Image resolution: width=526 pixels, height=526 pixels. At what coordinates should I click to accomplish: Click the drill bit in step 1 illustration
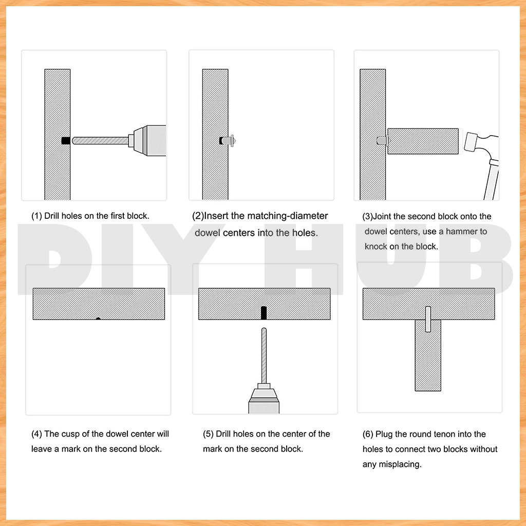[x=100, y=141]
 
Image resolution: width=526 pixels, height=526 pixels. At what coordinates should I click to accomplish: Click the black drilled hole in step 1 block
[x=66, y=141]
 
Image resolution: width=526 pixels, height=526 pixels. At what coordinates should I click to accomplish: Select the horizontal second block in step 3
[x=423, y=141]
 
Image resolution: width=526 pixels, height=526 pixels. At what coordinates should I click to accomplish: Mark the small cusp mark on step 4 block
[x=98, y=318]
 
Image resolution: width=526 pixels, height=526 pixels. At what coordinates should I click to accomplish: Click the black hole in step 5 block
[x=264, y=313]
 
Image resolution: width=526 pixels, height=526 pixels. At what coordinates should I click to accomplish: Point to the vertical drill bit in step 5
[x=264, y=355]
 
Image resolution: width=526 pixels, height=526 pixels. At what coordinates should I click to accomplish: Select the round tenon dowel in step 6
[x=428, y=319]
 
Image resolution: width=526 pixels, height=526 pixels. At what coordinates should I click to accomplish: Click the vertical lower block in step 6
[x=428, y=355]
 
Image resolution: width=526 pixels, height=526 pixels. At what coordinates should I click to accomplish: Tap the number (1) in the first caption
[x=36, y=216]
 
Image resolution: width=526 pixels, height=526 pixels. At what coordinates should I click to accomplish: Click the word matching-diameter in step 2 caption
[x=288, y=216]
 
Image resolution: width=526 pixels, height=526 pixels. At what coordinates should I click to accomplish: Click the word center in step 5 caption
[x=295, y=434]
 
